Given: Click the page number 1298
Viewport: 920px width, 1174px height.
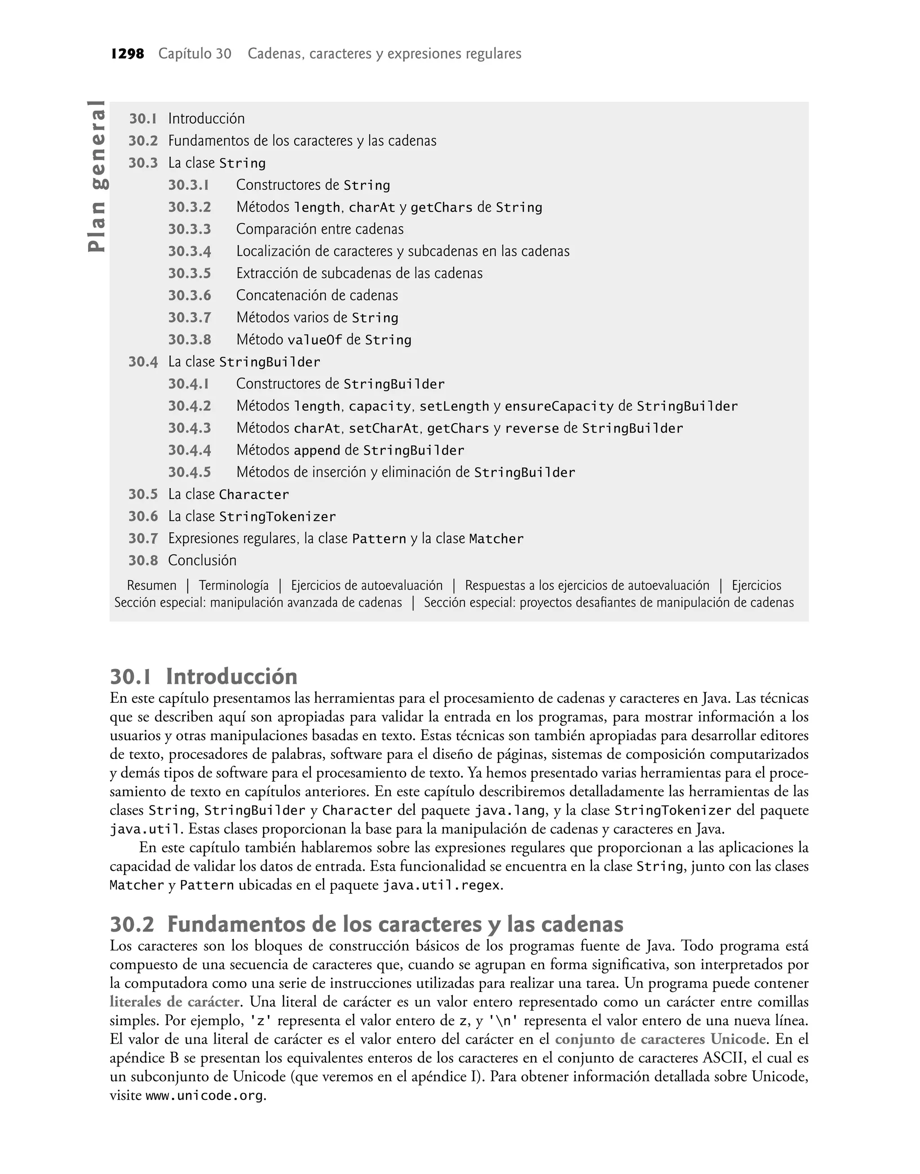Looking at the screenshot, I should [x=127, y=54].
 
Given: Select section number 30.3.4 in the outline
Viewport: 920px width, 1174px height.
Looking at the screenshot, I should [x=189, y=251].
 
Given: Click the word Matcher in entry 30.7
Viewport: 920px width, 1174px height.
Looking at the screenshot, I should [x=496, y=539].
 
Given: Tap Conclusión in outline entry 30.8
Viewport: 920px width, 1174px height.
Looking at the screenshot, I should [x=202, y=561].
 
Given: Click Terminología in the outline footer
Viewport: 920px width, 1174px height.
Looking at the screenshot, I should [x=234, y=585].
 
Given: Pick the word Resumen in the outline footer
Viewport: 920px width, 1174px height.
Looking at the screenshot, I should [x=151, y=585].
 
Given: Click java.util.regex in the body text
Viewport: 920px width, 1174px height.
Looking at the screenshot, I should [x=441, y=886].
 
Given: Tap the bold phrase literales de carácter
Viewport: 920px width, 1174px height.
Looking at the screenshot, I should [x=174, y=1002].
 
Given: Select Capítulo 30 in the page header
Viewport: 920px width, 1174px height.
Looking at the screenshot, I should [x=195, y=54].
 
